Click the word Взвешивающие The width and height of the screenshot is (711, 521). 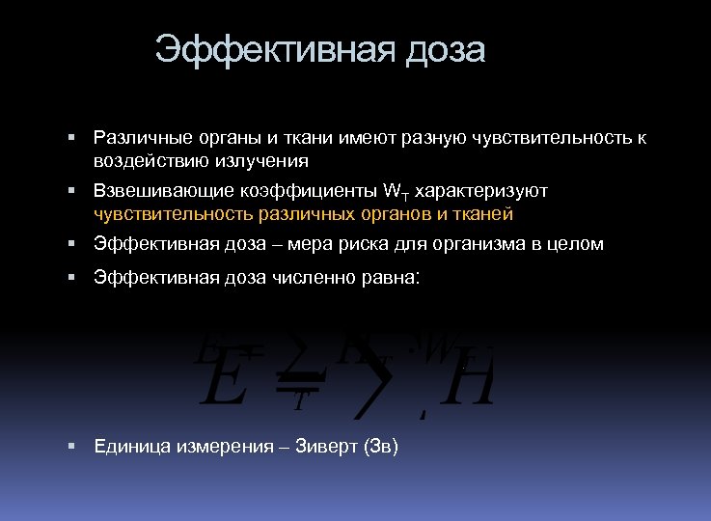(x=150, y=191)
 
